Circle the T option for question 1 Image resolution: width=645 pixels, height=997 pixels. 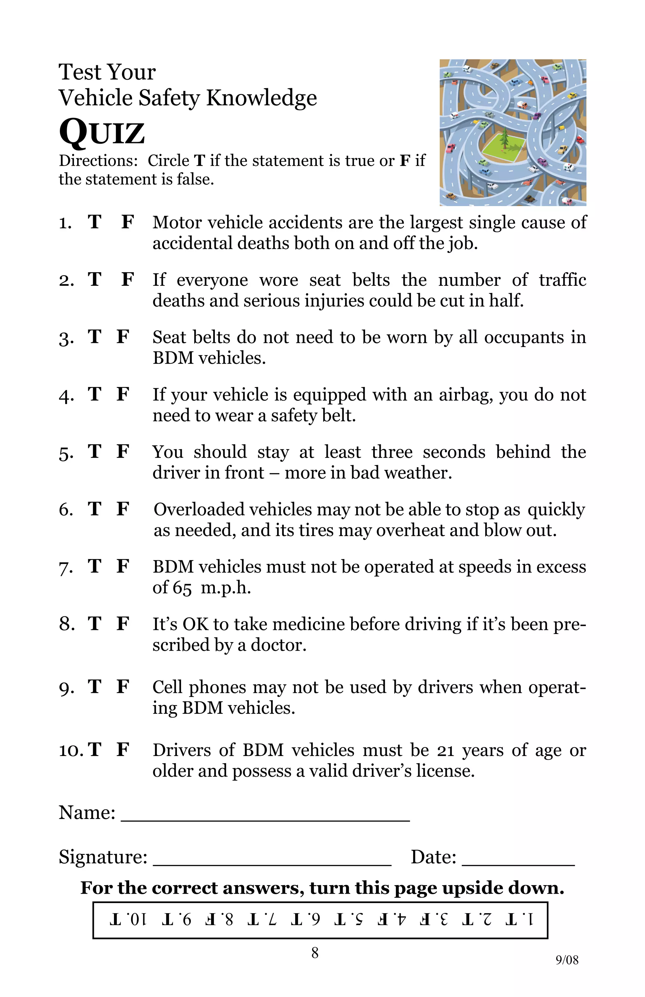click(x=94, y=222)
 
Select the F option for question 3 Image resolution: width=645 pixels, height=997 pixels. click(x=123, y=337)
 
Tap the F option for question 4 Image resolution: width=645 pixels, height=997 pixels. click(x=123, y=394)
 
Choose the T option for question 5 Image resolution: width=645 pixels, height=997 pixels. click(x=94, y=452)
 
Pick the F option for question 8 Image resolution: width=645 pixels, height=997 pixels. click(x=123, y=624)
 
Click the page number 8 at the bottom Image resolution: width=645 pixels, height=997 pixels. click(x=315, y=953)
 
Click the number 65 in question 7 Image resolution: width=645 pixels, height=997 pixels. click(x=182, y=588)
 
